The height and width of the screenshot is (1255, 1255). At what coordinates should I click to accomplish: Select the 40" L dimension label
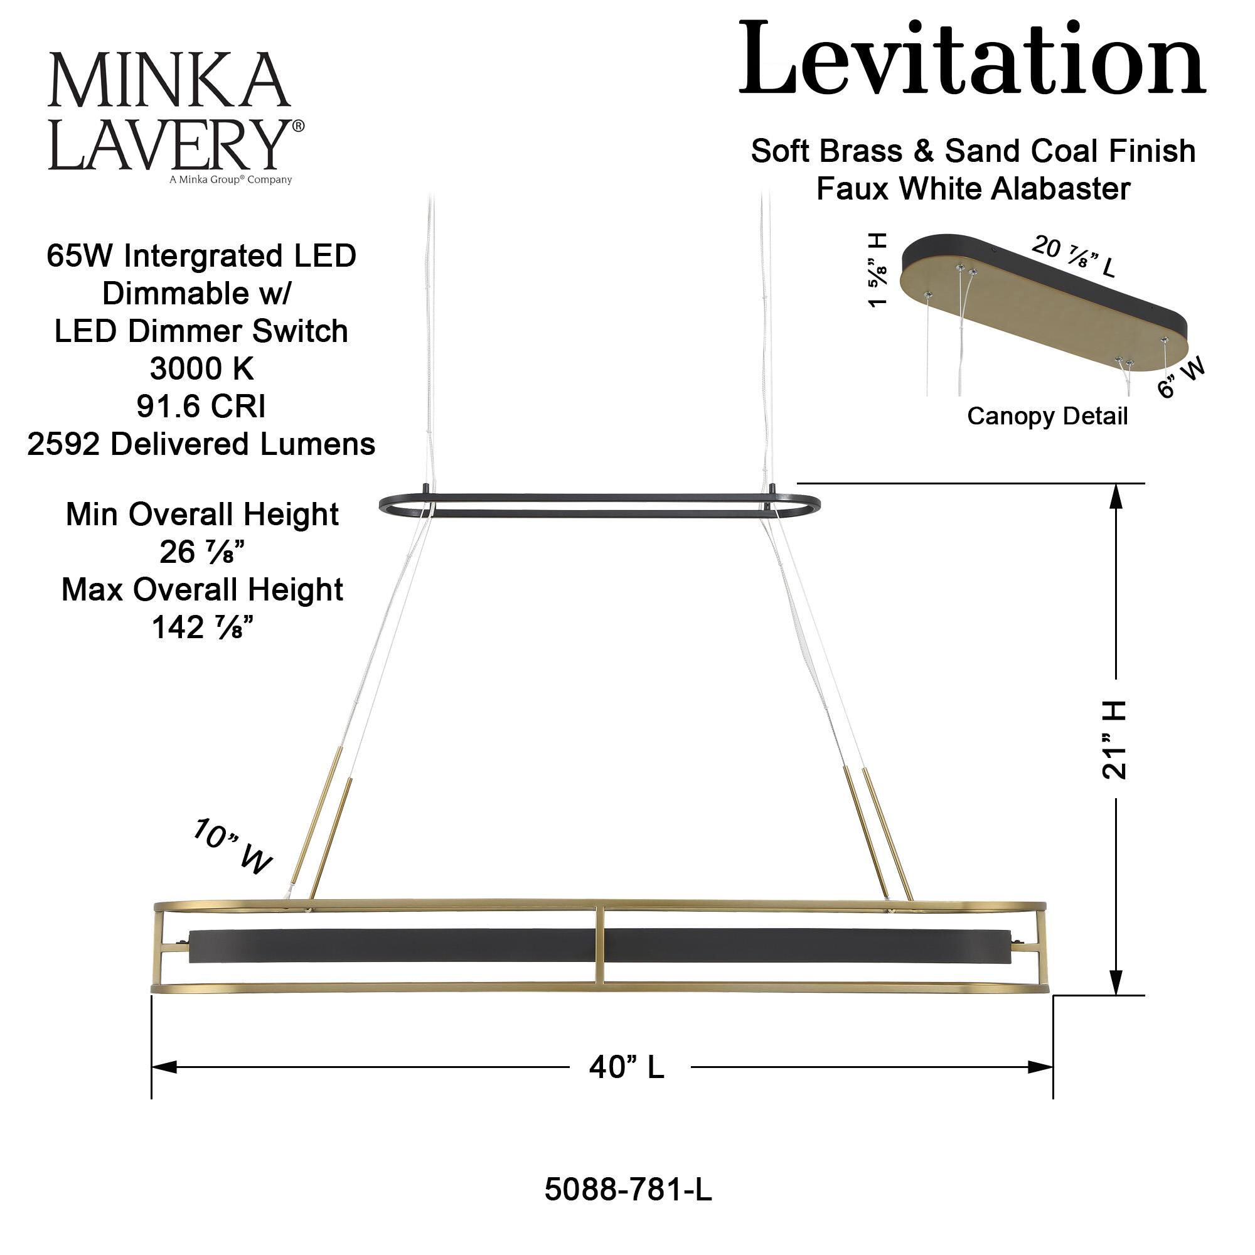tap(627, 1067)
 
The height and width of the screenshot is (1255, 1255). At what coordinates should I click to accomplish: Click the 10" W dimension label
tap(232, 847)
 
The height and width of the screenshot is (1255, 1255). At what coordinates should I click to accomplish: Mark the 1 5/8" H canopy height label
tap(877, 270)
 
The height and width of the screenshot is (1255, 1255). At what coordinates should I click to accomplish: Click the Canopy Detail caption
tap(1047, 416)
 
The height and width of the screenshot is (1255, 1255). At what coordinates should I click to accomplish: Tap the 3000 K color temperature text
tap(201, 369)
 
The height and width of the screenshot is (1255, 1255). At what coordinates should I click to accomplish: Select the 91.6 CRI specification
tap(201, 407)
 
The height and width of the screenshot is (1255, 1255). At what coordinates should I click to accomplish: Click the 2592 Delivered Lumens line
tap(201, 444)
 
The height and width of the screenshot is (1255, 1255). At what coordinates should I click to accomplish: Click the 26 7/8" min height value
tap(201, 552)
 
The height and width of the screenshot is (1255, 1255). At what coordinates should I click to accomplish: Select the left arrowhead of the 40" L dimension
tap(164, 1067)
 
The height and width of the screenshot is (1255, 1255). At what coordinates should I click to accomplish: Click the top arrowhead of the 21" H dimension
tap(1115, 499)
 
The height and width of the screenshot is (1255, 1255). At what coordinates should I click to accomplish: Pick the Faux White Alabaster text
tap(973, 189)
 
